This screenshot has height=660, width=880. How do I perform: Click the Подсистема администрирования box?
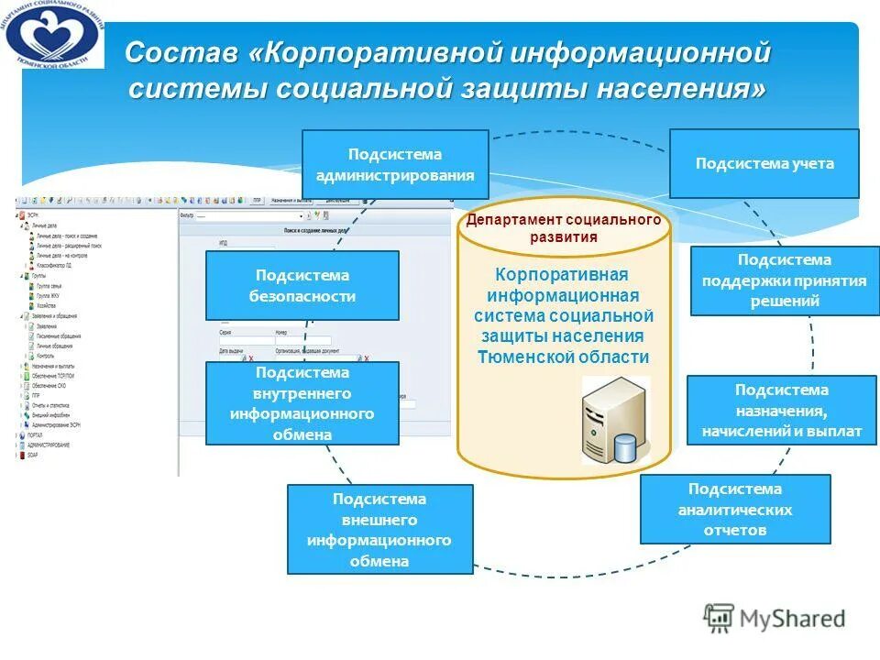pos(395,164)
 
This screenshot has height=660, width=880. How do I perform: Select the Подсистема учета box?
pos(764,164)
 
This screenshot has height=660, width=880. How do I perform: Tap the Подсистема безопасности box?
pos(302,286)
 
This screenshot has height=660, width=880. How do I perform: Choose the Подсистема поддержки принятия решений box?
pos(784,280)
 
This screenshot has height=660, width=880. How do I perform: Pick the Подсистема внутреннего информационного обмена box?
pos(302,403)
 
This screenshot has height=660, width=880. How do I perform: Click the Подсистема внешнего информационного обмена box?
pos(379,530)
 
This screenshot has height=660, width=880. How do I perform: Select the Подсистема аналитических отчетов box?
pos(735,510)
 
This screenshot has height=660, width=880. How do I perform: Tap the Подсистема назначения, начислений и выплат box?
pos(782,411)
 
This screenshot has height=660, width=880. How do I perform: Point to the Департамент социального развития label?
pos(564,228)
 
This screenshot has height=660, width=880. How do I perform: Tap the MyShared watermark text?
pos(794,619)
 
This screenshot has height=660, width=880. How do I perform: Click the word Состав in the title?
pos(181,53)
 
